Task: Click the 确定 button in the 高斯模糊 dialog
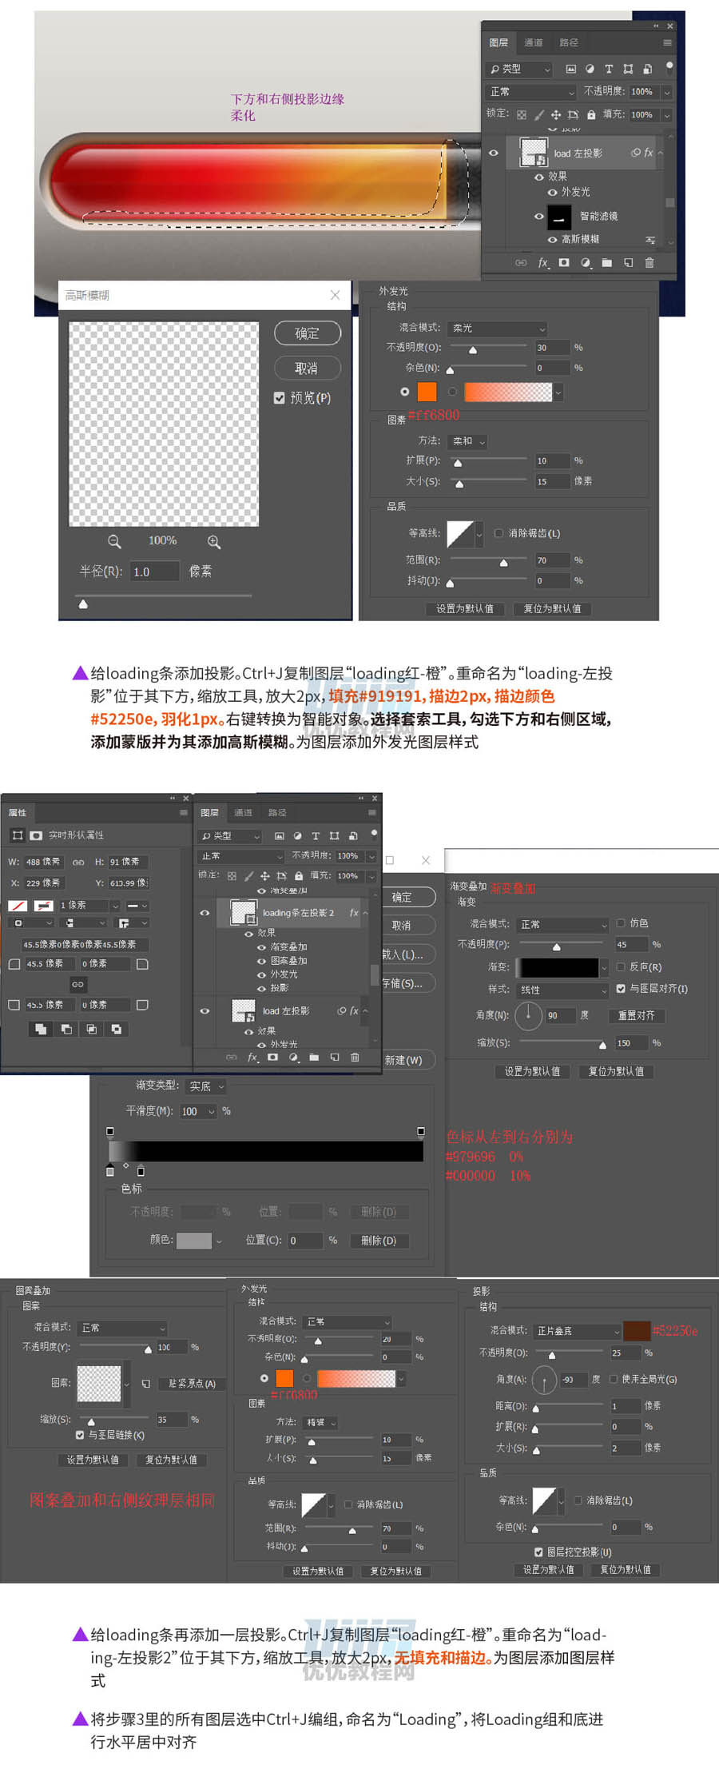pos(307,333)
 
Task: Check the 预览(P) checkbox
pos(280,398)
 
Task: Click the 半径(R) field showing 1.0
pos(153,572)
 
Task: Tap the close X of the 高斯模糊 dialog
pos(335,295)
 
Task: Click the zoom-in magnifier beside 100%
pos(214,542)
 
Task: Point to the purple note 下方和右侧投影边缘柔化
pos(287,107)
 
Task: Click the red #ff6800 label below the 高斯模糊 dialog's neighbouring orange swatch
pos(434,415)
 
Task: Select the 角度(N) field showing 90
pos(561,1015)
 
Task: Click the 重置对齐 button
pos(636,1015)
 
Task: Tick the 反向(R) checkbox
pos(621,966)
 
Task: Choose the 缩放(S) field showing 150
pos(630,1043)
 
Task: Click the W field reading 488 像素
pos(43,862)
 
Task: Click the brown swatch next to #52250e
pos(636,1330)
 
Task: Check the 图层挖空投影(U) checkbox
pos(538,1552)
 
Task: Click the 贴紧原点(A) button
pos(192,1384)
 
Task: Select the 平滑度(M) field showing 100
pos(195,1111)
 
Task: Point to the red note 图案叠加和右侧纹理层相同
pos(122,1500)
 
